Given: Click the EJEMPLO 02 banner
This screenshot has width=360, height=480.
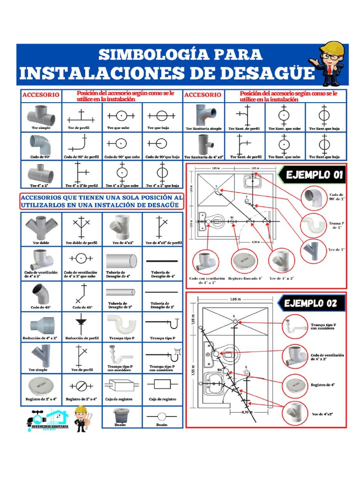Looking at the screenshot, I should click(310, 303).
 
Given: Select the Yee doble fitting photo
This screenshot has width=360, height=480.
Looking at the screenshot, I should click(41, 227).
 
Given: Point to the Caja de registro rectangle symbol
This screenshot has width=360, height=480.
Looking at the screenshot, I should click(162, 385).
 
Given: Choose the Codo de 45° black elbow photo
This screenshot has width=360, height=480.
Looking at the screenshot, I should click(41, 293).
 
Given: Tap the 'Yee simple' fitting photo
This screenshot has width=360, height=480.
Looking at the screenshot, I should click(41, 355).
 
